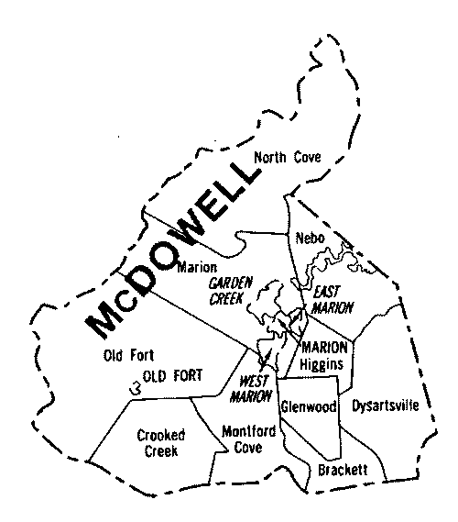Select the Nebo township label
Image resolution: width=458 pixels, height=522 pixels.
308,239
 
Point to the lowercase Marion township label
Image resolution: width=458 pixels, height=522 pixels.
196,268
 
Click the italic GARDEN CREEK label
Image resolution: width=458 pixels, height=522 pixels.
230,290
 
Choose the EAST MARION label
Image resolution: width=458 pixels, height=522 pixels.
328,299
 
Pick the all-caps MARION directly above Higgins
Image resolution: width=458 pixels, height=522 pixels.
325,347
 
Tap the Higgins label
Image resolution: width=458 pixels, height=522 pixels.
325,363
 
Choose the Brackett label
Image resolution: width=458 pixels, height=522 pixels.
343,469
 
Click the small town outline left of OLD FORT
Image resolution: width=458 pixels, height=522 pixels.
135,386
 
